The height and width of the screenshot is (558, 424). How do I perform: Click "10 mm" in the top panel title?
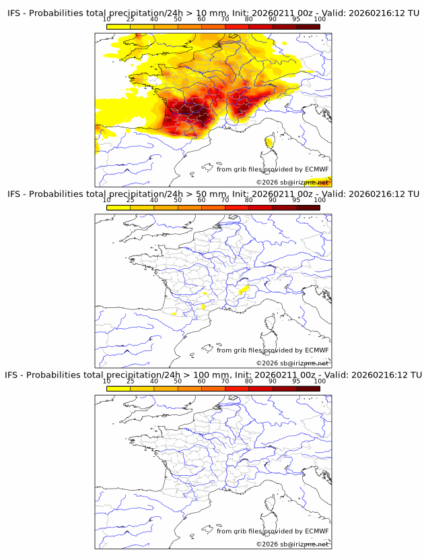pyautogui.click(x=207, y=13)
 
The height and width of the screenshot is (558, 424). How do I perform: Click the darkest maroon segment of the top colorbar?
pyautogui.click(x=308, y=26)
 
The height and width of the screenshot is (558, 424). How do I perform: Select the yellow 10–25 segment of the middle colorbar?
pyautogui.click(x=118, y=208)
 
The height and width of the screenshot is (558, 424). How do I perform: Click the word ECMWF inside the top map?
pyautogui.click(x=316, y=169)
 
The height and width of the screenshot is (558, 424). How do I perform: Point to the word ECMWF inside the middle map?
pyautogui.click(x=316, y=350)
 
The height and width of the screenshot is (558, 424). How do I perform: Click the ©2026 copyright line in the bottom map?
pyautogui.click(x=292, y=544)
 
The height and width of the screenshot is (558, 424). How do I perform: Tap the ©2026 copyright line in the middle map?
pyautogui.click(x=292, y=363)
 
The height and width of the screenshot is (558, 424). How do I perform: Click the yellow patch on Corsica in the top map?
pyautogui.click(x=269, y=142)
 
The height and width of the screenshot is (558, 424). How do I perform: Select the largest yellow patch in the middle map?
pyautogui.click(x=244, y=289)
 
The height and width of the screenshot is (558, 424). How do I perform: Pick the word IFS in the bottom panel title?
pyautogui.click(x=13, y=375)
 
